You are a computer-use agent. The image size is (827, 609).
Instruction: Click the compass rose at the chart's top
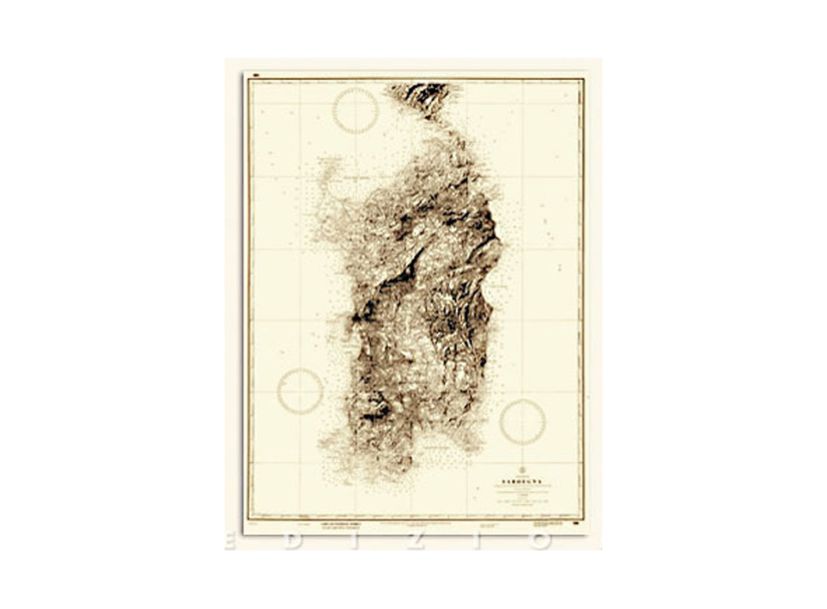coord(356,110)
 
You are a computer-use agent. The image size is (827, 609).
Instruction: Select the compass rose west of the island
coord(299,391)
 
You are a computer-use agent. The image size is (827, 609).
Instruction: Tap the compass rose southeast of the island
coord(522,421)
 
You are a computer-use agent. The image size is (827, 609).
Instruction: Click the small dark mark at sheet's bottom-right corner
coord(579,525)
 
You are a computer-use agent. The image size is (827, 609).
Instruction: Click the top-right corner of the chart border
coord(583,80)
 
